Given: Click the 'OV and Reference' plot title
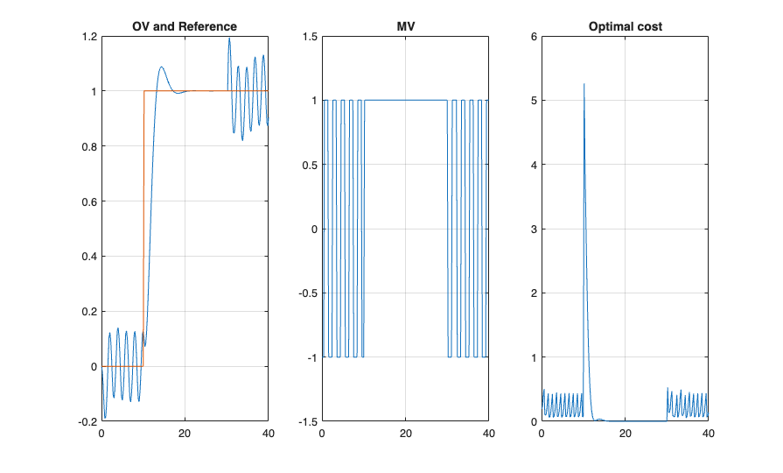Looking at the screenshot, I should (x=185, y=26).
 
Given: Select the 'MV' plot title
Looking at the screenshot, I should (x=405, y=26).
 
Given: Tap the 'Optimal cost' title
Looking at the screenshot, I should (x=625, y=26).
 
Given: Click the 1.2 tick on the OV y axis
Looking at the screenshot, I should (x=87, y=37).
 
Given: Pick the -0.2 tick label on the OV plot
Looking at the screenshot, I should (x=86, y=421).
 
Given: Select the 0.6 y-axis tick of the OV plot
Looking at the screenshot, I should (x=87, y=201).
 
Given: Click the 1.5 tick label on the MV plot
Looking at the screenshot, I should (x=308, y=37).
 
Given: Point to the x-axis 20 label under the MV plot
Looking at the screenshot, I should (x=405, y=434).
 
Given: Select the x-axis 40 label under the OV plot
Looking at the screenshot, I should (x=269, y=434).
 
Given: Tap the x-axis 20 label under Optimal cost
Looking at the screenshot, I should (x=626, y=434).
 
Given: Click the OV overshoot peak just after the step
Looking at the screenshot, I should (x=161, y=67).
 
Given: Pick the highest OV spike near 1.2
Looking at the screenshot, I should (x=229, y=38).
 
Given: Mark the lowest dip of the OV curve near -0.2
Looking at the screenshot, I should (x=105, y=417).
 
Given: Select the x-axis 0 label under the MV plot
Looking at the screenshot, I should (x=322, y=434).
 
